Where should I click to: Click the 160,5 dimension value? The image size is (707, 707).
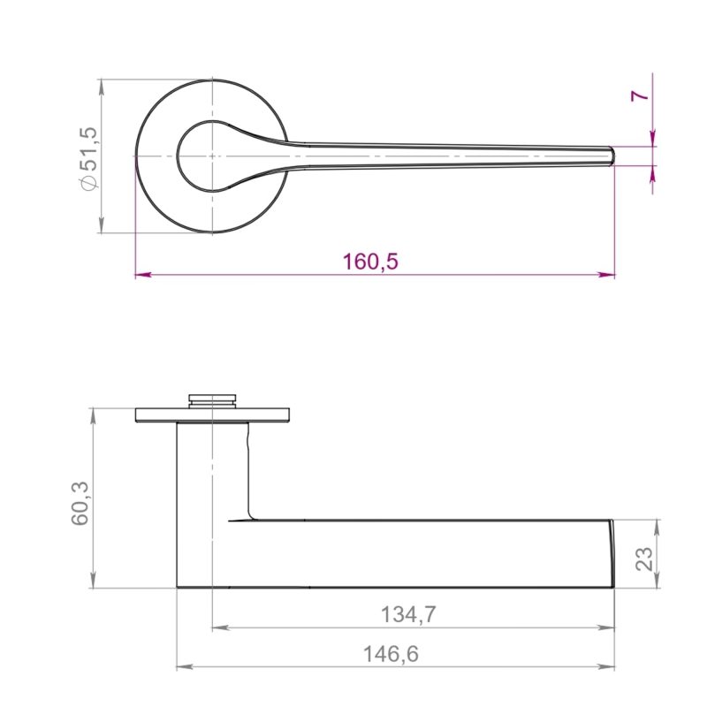pyautogui.click(x=370, y=262)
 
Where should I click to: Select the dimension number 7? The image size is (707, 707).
pyautogui.click(x=639, y=95)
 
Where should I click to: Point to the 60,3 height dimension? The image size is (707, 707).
pyautogui.click(x=81, y=503)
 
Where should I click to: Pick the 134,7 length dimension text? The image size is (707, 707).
pyautogui.click(x=408, y=614)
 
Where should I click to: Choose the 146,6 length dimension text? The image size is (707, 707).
pyautogui.click(x=391, y=654)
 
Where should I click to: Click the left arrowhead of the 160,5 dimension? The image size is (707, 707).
pyautogui.click(x=143, y=274)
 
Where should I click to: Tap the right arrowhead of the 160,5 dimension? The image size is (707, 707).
pyautogui.click(x=607, y=274)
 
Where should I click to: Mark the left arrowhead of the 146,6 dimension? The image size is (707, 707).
pyautogui.click(x=185, y=666)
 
